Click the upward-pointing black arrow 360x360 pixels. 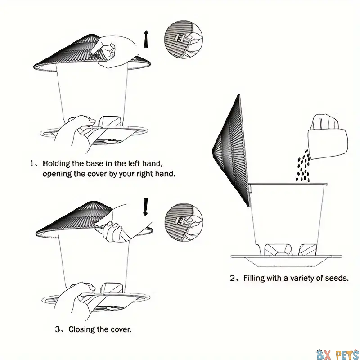point(146,39)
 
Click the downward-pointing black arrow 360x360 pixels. point(145,207)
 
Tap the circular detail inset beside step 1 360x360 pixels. point(184,39)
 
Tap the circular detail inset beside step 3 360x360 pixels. point(184,222)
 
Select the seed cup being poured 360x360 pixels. point(328,144)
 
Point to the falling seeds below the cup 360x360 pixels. point(303,166)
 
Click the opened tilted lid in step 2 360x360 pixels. point(231,150)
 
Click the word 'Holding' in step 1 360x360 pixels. point(56,164)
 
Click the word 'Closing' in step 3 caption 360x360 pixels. point(81,329)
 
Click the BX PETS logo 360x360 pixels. point(337,354)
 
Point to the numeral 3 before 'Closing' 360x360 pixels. point(58,329)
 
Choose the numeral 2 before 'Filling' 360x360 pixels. point(232,278)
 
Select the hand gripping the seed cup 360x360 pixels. point(324,122)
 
